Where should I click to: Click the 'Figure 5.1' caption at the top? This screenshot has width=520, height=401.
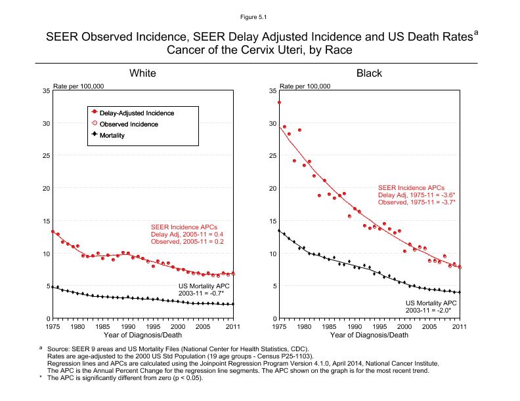pos(259,12)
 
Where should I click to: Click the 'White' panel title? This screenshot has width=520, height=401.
pos(142,73)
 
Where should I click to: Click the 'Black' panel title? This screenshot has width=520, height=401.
pos(369,73)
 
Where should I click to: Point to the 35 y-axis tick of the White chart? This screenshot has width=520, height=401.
pos(45,90)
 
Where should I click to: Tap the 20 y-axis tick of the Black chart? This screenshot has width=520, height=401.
pos(272,189)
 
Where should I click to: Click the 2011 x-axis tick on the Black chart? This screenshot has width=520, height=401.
pos(460,326)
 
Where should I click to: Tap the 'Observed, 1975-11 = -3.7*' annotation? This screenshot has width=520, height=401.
pos(417,202)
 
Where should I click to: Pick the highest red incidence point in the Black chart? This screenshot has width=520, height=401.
pos(279,102)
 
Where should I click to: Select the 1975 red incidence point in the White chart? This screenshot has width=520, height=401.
pos(53,231)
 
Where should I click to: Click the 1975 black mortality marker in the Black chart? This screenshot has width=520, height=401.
pos(279,231)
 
